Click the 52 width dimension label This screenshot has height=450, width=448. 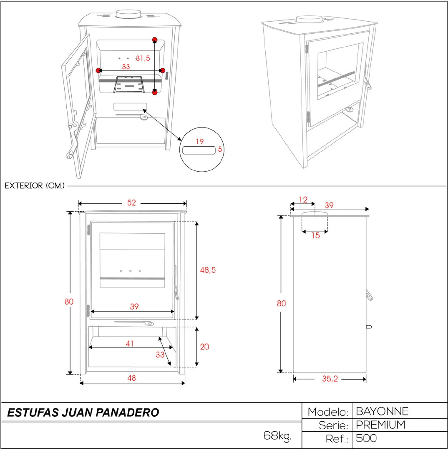(x=132, y=202)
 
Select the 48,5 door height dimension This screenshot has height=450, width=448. (x=208, y=270)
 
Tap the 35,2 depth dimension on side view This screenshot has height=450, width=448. (x=330, y=379)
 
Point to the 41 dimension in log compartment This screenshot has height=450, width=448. (x=130, y=343)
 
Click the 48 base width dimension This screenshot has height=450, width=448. (x=132, y=378)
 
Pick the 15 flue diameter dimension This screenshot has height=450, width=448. (x=315, y=235)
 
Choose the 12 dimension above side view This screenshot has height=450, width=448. (x=303, y=200)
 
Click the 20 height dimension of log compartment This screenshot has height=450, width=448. (x=204, y=347)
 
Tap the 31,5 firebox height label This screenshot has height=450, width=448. (x=143, y=58)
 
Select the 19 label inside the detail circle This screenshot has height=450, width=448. (x=200, y=141)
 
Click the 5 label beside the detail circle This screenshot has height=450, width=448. (x=220, y=149)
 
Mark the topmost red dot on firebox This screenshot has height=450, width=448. (x=155, y=40)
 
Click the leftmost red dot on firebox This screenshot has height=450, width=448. (x=98, y=70)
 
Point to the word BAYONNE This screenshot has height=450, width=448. (x=382, y=411)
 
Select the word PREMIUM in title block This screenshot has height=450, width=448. (x=380, y=425)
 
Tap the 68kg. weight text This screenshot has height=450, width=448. (x=277, y=436)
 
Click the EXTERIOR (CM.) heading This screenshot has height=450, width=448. (x=35, y=186)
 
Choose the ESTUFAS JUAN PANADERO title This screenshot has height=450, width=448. (x=83, y=412)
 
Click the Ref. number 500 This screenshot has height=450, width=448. (x=366, y=438)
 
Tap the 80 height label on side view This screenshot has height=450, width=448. (x=281, y=303)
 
